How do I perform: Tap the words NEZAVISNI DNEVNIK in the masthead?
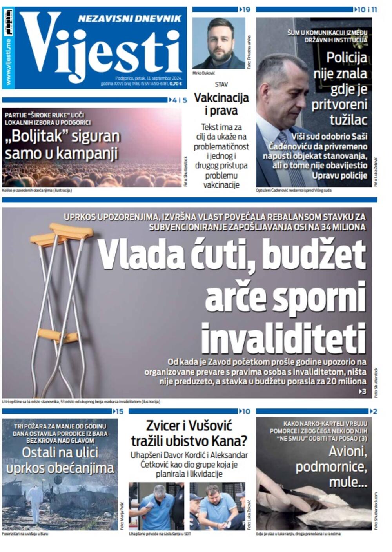point(129,18)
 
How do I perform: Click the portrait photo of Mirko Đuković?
point(218,43)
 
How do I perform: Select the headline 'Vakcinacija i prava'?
point(221,104)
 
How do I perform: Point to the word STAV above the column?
point(221,84)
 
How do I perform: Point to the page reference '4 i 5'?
point(180,100)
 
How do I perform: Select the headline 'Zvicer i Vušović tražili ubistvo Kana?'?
point(189,433)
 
